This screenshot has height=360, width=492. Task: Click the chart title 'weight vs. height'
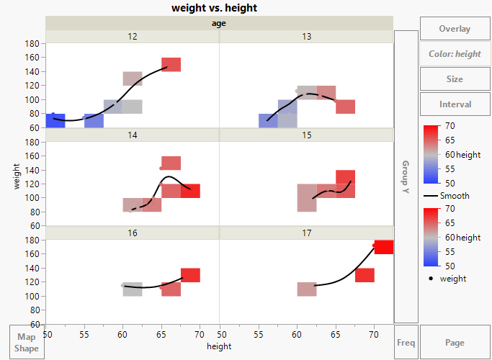click(x=214, y=8)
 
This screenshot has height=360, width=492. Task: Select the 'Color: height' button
click(x=455, y=54)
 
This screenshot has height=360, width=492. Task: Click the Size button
click(x=455, y=79)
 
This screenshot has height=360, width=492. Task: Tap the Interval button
click(x=455, y=104)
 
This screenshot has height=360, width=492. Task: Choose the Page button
click(x=455, y=343)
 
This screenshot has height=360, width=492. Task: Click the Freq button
click(x=406, y=343)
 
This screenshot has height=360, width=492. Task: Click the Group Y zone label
click(x=406, y=177)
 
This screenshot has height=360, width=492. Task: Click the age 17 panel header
click(x=307, y=233)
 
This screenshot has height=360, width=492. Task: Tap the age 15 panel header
click(x=307, y=135)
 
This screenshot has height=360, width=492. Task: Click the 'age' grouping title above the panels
click(x=219, y=23)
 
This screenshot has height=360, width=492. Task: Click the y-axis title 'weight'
click(x=16, y=176)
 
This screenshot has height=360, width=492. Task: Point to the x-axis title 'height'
click(x=219, y=347)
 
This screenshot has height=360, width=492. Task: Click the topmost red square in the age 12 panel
click(x=171, y=65)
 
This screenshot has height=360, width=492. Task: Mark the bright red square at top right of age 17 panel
click(x=383, y=247)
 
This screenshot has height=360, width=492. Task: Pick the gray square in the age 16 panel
click(x=133, y=289)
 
